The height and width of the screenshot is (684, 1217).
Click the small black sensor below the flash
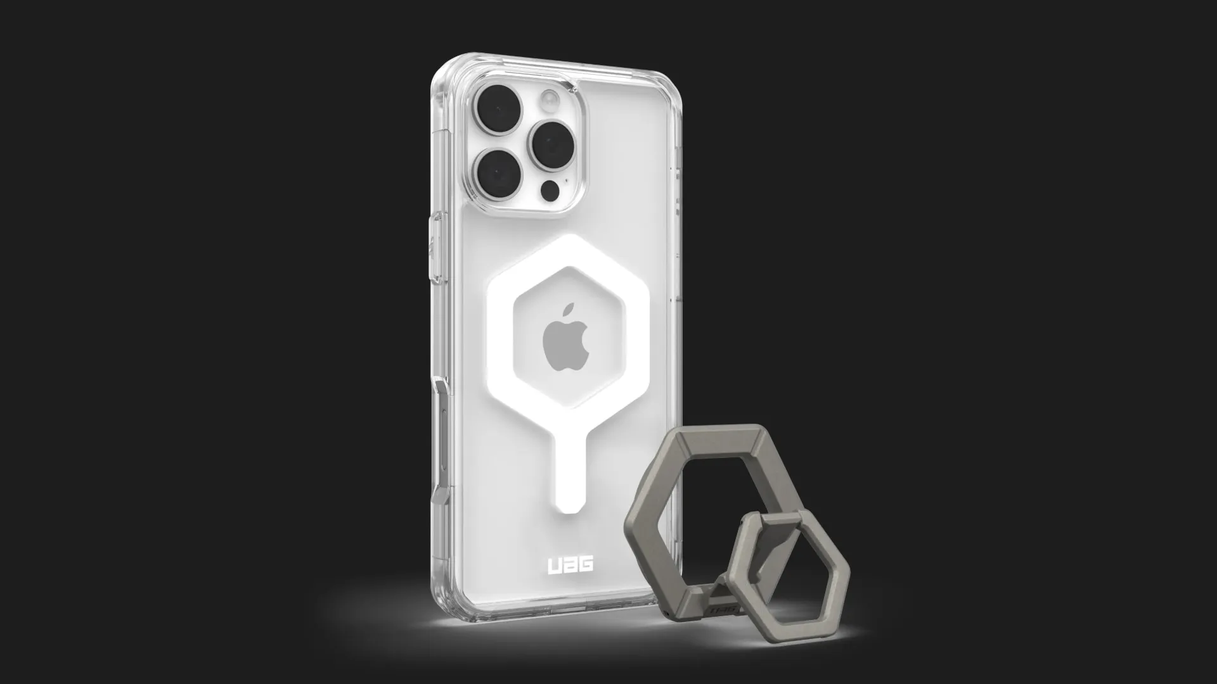pos(553,187)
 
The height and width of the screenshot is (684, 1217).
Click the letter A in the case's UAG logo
pos(570,565)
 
